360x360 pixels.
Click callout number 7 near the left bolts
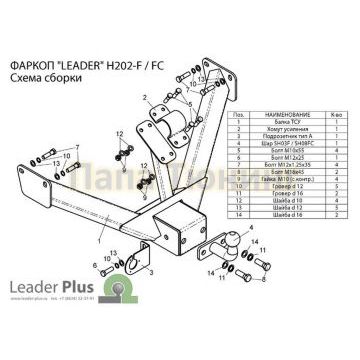[76, 147]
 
